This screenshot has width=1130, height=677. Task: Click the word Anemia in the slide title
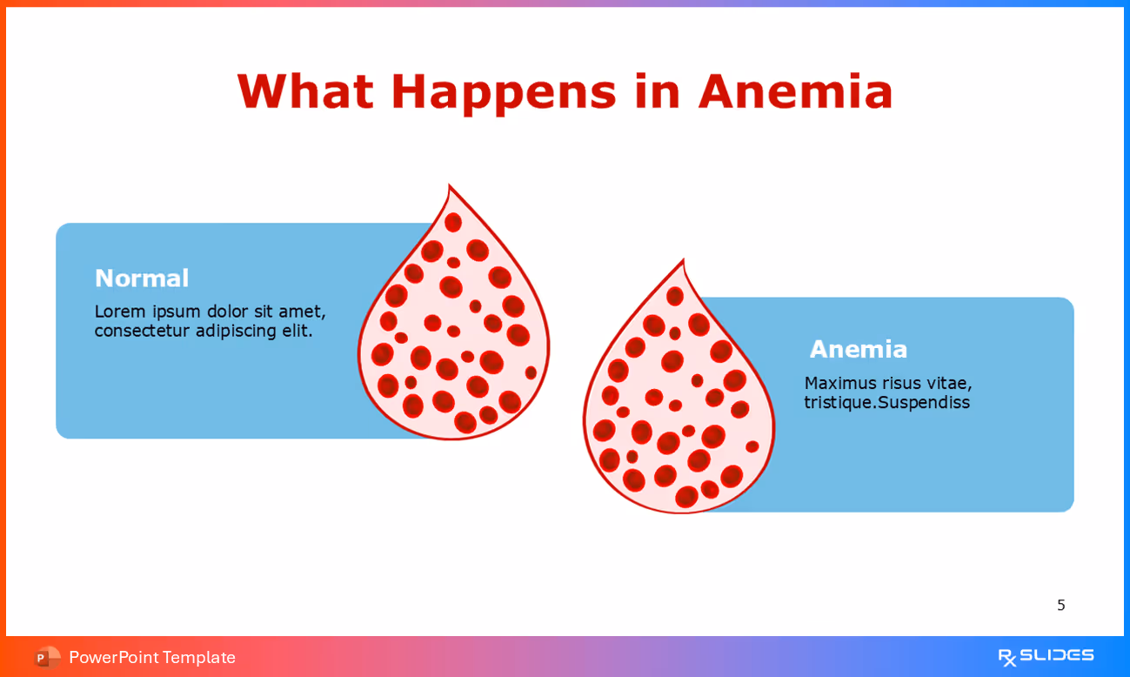(x=795, y=91)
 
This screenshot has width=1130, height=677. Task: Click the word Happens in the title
(x=503, y=91)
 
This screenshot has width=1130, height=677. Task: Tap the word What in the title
(x=304, y=91)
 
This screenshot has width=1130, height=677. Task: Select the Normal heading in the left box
(x=141, y=278)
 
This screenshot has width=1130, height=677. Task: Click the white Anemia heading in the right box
(x=858, y=349)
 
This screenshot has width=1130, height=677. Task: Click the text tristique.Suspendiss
(x=886, y=403)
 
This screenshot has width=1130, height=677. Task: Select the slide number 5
(x=1060, y=605)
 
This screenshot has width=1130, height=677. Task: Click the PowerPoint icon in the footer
(x=46, y=657)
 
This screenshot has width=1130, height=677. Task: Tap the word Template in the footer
(x=198, y=657)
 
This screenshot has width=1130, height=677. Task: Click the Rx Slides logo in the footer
(x=1046, y=656)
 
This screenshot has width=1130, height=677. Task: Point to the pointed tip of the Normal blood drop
(x=450, y=187)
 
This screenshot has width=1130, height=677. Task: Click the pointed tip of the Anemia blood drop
(x=684, y=262)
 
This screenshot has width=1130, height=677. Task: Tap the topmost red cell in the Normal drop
(x=453, y=222)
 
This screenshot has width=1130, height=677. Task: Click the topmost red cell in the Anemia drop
(x=675, y=296)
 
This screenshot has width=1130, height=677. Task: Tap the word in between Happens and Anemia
(x=657, y=91)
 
